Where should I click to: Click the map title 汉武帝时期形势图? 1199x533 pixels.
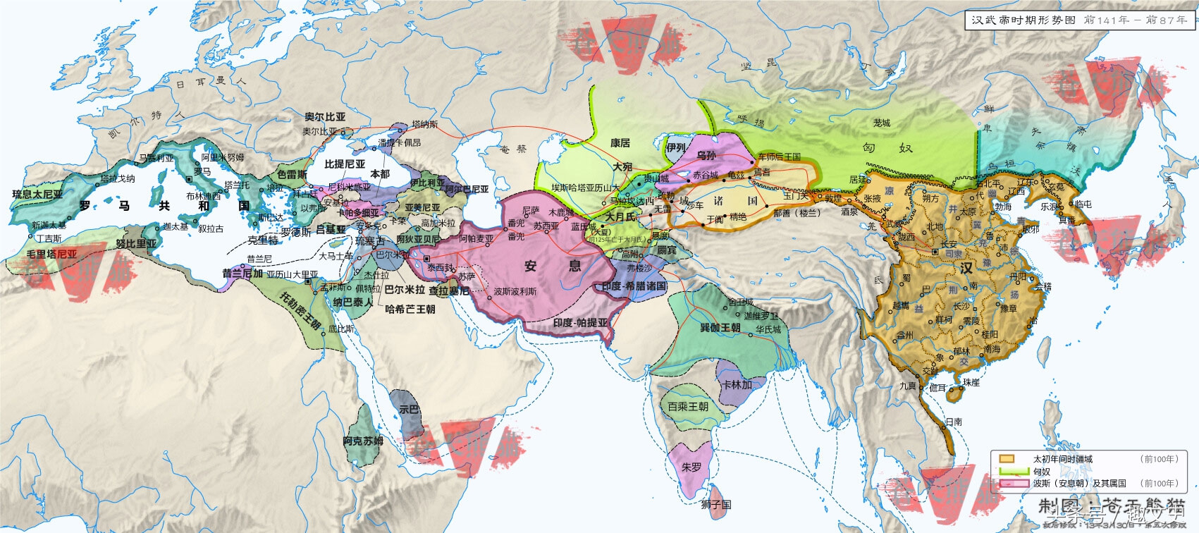pyautogui.click(x=1023, y=20)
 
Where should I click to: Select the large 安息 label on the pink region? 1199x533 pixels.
pyautogui.click(x=553, y=266)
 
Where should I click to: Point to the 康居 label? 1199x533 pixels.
pyautogui.click(x=620, y=143)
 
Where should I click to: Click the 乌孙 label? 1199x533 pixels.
pyautogui.click(x=706, y=156)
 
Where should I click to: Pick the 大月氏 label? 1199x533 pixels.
pyautogui.click(x=620, y=216)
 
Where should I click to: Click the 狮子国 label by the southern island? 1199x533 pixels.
pyautogui.click(x=716, y=504)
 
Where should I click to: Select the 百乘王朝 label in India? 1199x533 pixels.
pyautogui.click(x=688, y=407)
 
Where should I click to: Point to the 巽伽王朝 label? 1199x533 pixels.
pyautogui.click(x=720, y=328)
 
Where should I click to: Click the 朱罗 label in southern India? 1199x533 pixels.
pyautogui.click(x=691, y=467)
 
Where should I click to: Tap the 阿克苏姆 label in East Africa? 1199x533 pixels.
pyautogui.click(x=363, y=441)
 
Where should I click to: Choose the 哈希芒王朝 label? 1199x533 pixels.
pyautogui.click(x=410, y=309)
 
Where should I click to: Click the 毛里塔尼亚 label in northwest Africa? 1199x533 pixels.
pyautogui.click(x=51, y=254)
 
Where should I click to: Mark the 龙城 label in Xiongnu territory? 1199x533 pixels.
pyautogui.click(x=882, y=123)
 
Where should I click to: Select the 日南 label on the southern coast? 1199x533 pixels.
pyautogui.click(x=954, y=422)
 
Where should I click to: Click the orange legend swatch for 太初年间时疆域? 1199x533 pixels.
pyautogui.click(x=1007, y=459)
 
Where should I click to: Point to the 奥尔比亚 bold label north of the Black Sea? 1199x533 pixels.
pyautogui.click(x=325, y=117)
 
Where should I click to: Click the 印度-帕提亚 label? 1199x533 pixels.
pyautogui.click(x=580, y=323)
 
